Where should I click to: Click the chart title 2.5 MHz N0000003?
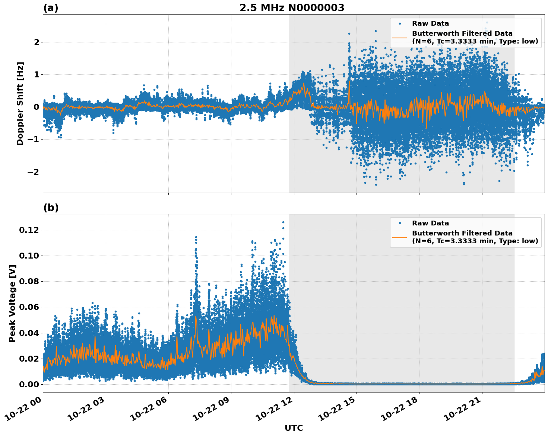tap(292, 8)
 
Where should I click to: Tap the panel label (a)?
tap(51, 8)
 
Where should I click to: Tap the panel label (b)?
tap(51, 208)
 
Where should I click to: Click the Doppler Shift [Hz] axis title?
tap(20, 103)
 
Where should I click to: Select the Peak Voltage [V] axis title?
tap(12, 303)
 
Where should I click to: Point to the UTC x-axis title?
tap(294, 428)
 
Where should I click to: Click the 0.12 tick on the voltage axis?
tap(28, 230)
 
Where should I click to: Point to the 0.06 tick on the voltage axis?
tap(28, 307)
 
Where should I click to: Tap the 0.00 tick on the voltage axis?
tap(28, 384)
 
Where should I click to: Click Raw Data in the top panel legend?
tap(430, 23)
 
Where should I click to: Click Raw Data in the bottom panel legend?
tap(430, 223)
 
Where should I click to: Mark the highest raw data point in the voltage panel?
tap(283, 222)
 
